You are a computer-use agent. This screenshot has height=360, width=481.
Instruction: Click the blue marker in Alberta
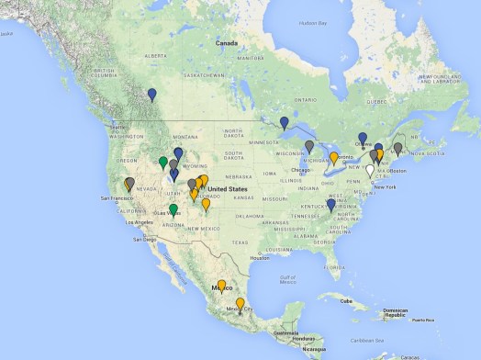152,94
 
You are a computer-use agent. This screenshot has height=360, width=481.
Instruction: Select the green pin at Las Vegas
173,210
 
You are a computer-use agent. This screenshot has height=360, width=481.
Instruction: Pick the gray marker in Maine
397,148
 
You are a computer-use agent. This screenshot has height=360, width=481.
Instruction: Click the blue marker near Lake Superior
285,123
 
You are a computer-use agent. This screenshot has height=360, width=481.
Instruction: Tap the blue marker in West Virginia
330,205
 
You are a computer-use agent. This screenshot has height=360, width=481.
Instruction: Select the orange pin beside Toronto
335,157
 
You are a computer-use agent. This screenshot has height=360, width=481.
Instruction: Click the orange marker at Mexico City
240,304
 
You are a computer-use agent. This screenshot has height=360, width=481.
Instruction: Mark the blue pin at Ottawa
363,139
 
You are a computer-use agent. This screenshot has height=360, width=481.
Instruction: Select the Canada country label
227,43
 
